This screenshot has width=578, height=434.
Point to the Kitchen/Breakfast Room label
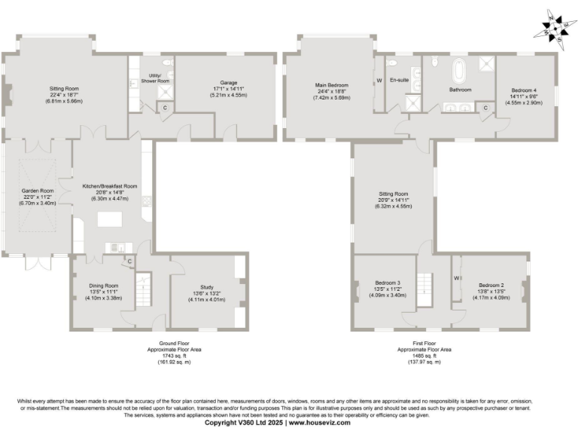pos(110,186)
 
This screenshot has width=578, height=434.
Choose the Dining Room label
pos(102,286)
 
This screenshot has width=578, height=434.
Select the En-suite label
pos(398,81)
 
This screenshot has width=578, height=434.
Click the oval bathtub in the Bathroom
pos(458,75)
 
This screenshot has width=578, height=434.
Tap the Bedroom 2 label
pos(494,286)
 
